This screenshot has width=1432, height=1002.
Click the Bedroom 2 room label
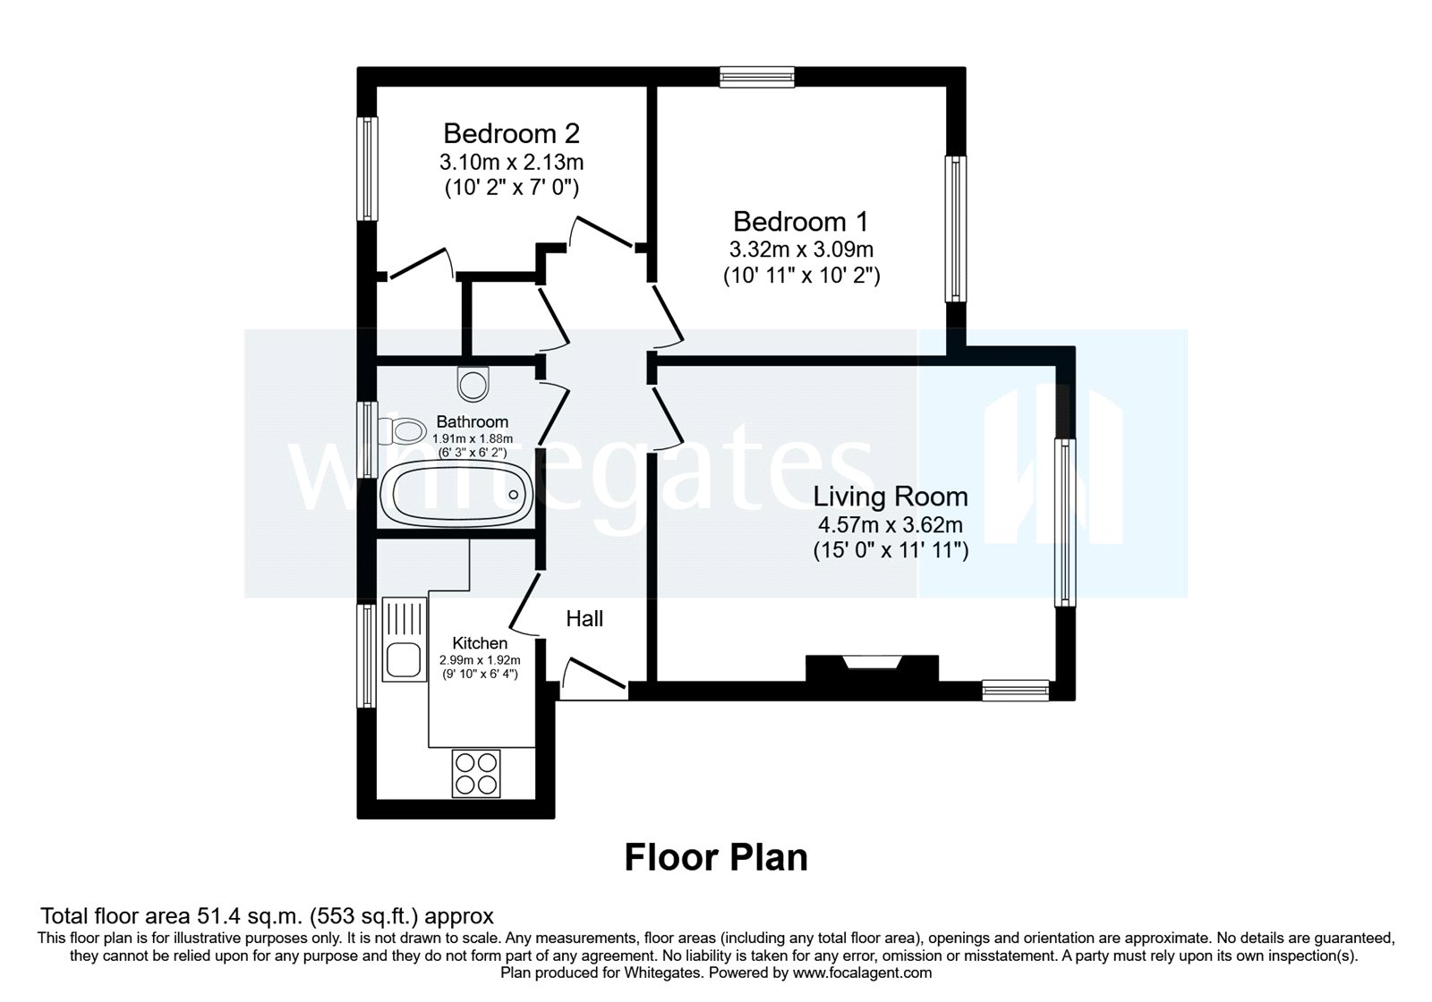click(x=511, y=134)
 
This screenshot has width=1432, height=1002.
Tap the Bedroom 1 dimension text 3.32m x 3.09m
click(x=801, y=250)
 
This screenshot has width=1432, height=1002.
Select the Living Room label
click(x=891, y=497)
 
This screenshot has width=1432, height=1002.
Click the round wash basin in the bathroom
click(x=473, y=384)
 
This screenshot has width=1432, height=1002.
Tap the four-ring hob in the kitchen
click(x=476, y=773)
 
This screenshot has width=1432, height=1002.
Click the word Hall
click(x=584, y=619)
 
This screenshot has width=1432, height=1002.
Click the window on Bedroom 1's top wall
click(x=757, y=78)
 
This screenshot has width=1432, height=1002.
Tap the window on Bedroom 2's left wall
click(x=367, y=168)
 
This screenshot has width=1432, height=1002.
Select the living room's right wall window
click(x=1063, y=522)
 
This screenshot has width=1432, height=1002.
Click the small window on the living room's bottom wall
click(x=1015, y=690)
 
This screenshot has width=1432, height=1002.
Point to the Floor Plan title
click(x=715, y=857)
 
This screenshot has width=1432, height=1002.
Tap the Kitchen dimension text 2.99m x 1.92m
click(x=479, y=660)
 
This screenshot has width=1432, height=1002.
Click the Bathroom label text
click(x=472, y=421)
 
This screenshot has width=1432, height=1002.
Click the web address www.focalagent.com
click(x=862, y=972)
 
